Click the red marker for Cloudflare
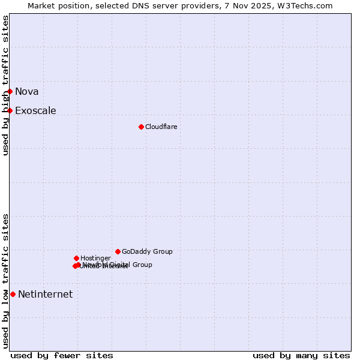tap(141, 127)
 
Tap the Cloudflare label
tap(161, 127)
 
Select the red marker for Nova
tap(10, 91)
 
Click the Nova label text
tap(27, 91)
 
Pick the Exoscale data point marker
tap(10, 110)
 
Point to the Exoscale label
tap(35, 110)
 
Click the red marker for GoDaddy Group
tap(118, 251)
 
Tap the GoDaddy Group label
tap(147, 251)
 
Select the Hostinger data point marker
tap(76, 258)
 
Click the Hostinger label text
tap(95, 258)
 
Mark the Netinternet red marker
tap(13, 294)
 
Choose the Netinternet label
tap(45, 294)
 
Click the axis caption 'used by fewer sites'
tap(62, 355)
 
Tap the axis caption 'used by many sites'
tap(301, 355)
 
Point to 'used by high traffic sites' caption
tap(6, 85)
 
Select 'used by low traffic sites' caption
tap(6, 281)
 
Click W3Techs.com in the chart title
tap(307, 5)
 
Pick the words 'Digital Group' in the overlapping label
tap(133, 265)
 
